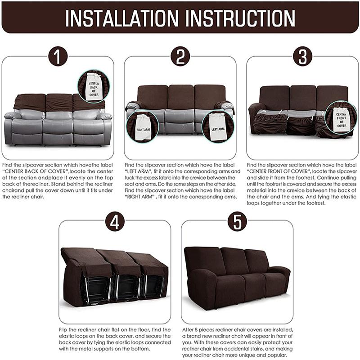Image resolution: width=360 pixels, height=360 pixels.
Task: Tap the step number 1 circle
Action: tap(58, 57)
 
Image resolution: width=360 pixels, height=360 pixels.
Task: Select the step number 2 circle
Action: tap(180, 57)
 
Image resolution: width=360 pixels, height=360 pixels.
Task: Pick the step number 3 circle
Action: tap(302, 57)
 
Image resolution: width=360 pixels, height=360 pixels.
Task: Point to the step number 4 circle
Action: tap(115, 221)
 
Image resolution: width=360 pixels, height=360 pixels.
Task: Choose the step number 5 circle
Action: tap(237, 221)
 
